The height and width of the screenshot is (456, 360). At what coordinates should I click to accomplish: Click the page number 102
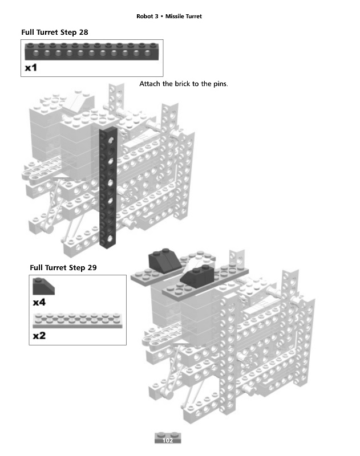[168, 440]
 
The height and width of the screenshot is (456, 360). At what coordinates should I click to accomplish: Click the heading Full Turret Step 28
[55, 32]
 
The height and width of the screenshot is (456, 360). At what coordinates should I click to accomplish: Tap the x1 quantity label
[31, 68]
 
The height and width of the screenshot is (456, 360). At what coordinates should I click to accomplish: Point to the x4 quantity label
[39, 302]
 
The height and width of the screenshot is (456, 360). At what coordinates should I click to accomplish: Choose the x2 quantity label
[39, 336]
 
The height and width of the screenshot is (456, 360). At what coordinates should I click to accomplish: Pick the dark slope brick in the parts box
[45, 285]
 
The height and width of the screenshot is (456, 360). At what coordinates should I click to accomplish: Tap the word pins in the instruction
[219, 84]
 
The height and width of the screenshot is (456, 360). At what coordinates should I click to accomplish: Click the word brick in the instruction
[184, 84]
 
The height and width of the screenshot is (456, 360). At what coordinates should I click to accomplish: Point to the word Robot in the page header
[145, 16]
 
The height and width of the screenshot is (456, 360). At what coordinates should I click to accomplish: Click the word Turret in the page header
[194, 16]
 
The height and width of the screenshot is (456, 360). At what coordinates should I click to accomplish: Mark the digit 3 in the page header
[156, 16]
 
